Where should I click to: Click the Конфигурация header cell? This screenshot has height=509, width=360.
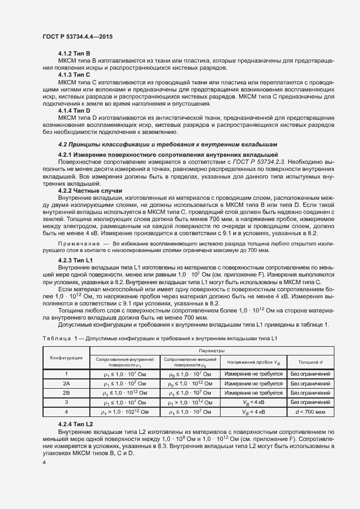66,358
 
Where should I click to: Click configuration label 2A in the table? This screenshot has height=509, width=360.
66,383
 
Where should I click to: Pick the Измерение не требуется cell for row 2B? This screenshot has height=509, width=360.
254,393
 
